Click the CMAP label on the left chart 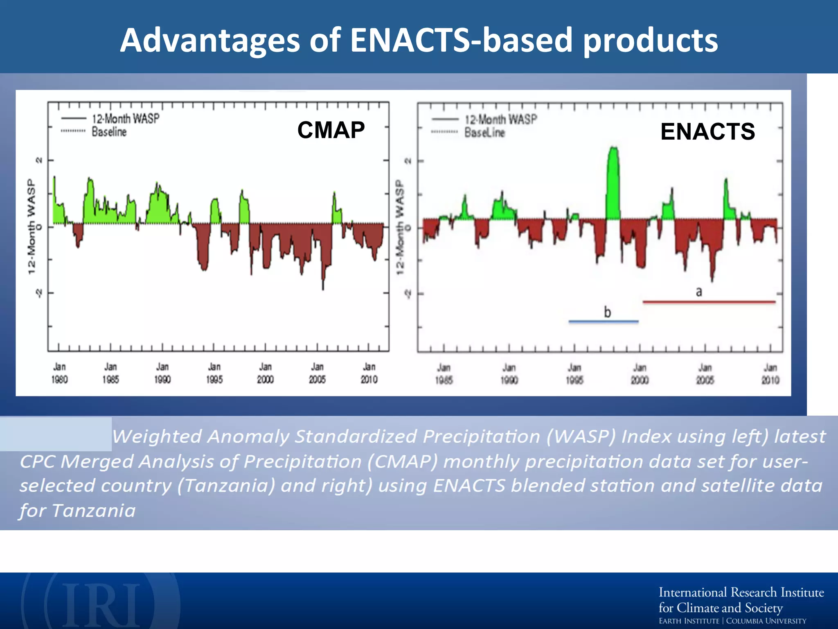click(331, 130)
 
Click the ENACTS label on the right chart click(707, 132)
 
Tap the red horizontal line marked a click(709, 302)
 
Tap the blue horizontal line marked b click(603, 322)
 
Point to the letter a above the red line click(699, 292)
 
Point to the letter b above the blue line click(608, 312)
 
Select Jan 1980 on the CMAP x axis click(59, 373)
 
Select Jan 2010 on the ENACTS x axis click(770, 374)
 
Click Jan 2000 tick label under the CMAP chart click(265, 373)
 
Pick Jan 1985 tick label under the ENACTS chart click(444, 374)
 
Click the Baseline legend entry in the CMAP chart click(109, 132)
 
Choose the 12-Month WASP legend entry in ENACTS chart click(501, 120)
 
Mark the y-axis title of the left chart click(31, 226)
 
